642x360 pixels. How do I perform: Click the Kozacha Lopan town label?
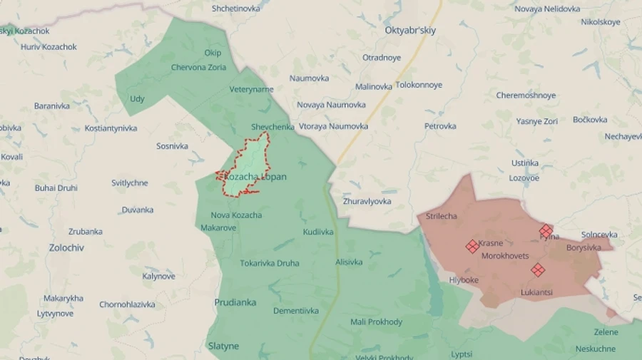(x=255, y=177)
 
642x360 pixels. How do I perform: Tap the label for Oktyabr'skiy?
(x=410, y=31)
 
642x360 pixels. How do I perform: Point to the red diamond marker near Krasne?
(x=472, y=246)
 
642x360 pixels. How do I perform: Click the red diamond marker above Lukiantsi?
(x=538, y=269)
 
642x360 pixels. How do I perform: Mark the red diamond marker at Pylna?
(x=546, y=230)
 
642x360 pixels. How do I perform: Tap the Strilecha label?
(x=442, y=216)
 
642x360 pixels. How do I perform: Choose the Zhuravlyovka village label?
(x=367, y=201)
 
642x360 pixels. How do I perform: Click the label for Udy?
(x=137, y=98)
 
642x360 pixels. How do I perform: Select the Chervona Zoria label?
(x=198, y=68)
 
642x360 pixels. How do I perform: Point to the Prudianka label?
(x=235, y=302)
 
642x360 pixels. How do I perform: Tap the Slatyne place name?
(x=223, y=346)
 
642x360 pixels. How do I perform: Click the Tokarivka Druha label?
(x=269, y=263)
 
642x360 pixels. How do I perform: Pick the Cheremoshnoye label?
(x=526, y=96)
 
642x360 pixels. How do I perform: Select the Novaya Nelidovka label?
(x=547, y=9)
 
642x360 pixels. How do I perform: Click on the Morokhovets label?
(x=505, y=256)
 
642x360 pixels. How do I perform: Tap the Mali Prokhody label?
(x=376, y=322)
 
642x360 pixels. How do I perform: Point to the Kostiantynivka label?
(x=111, y=128)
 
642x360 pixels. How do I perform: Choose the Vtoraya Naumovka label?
(x=333, y=126)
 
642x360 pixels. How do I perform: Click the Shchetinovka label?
(x=236, y=9)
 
